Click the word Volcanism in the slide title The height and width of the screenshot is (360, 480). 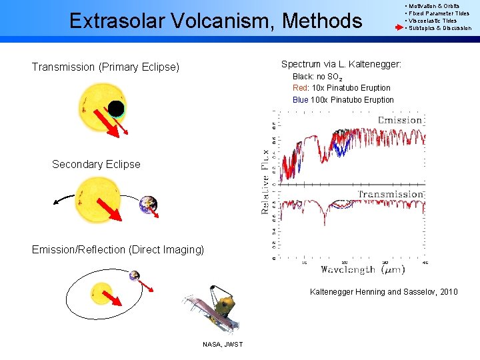pyautogui.click(x=224, y=21)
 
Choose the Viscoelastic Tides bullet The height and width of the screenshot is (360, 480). pyautogui.click(x=433, y=21)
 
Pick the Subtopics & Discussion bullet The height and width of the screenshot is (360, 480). pyautogui.click(x=439, y=28)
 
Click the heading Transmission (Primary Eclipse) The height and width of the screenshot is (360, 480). pyautogui.click(x=105, y=67)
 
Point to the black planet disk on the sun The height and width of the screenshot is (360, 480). pyautogui.click(x=116, y=109)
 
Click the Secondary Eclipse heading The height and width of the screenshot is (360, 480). pyautogui.click(x=96, y=164)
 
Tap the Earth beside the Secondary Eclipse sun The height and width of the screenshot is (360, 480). pyautogui.click(x=148, y=205)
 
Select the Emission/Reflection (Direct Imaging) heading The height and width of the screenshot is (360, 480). pyautogui.click(x=118, y=249)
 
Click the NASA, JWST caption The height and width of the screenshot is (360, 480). pyautogui.click(x=223, y=344)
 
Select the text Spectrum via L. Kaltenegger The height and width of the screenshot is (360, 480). pyautogui.click(x=341, y=64)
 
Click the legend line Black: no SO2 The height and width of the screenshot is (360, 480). pyautogui.click(x=317, y=77)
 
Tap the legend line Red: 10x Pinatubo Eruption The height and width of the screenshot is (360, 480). pyautogui.click(x=341, y=88)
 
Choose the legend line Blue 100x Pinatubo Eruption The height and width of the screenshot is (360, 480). pyautogui.click(x=343, y=100)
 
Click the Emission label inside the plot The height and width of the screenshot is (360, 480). pyautogui.click(x=399, y=120)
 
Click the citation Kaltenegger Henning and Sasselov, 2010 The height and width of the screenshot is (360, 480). pyautogui.click(x=383, y=292)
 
